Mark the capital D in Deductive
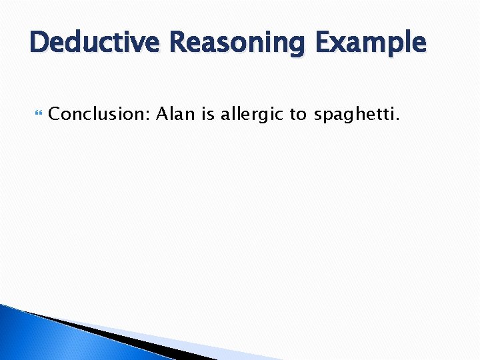coord(39,43)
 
